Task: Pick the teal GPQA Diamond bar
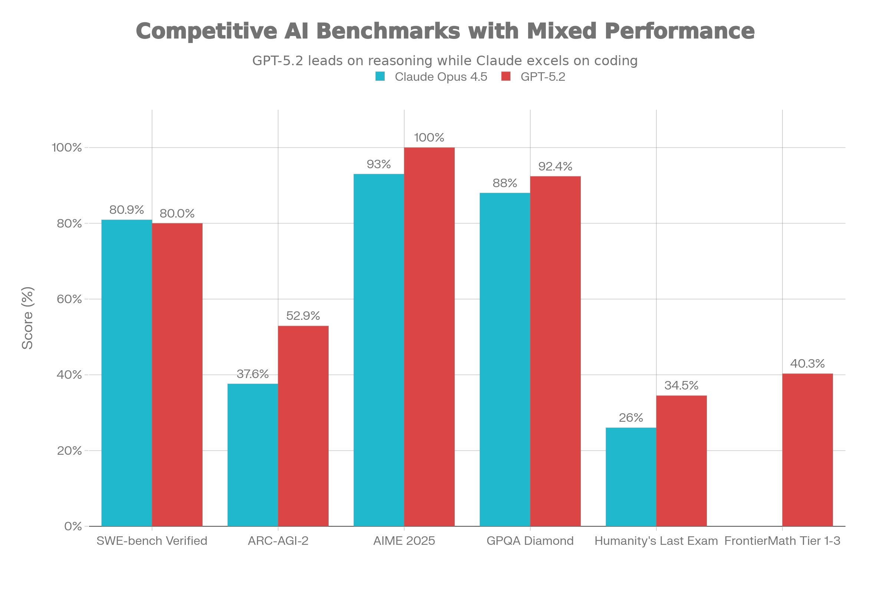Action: click(504, 359)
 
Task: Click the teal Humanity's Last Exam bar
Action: click(630, 477)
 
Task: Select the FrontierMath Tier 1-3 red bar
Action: click(807, 450)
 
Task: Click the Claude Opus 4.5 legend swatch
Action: click(380, 76)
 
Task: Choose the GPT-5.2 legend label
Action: click(543, 77)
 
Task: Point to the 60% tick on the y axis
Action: click(69, 299)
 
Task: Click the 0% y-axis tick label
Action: click(73, 526)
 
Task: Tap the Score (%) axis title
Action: click(27, 318)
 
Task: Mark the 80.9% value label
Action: click(126, 209)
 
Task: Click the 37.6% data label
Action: click(253, 374)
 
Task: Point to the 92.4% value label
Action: click(555, 166)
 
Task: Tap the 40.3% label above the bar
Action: click(807, 364)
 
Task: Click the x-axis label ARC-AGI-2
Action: click(278, 541)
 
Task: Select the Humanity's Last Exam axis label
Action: click(656, 541)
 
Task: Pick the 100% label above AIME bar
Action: click(429, 137)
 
